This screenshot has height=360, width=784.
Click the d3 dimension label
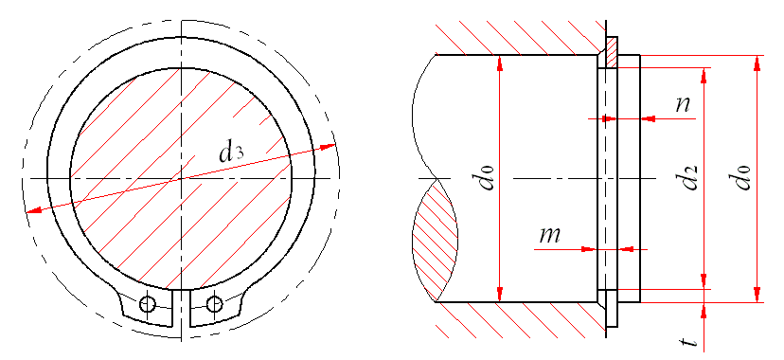click(231, 153)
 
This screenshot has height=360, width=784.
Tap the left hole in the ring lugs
click(147, 303)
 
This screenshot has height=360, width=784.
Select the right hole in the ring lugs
click(214, 303)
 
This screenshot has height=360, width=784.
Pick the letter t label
click(690, 341)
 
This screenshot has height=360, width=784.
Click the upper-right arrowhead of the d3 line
click(328, 147)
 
